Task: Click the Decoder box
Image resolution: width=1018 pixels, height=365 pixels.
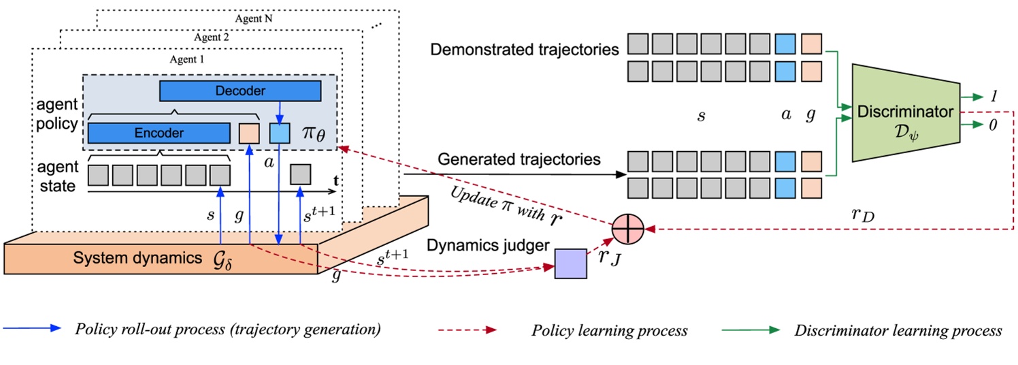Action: tap(240, 91)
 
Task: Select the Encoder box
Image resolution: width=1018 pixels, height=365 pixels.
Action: tap(158, 133)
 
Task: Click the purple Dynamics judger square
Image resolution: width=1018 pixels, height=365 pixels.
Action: tap(570, 264)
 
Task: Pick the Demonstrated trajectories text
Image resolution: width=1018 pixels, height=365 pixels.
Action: tap(525, 50)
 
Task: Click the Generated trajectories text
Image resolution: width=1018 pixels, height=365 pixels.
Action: tap(519, 159)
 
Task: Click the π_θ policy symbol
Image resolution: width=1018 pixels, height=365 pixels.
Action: tap(314, 133)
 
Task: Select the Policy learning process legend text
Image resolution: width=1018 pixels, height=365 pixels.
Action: tap(609, 331)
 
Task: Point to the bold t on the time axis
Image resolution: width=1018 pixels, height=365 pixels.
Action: tap(336, 181)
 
